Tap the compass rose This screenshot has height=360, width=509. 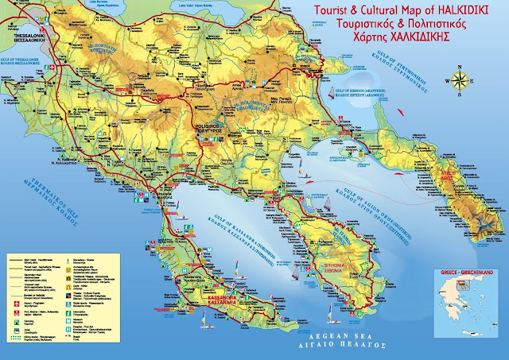(459, 79)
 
